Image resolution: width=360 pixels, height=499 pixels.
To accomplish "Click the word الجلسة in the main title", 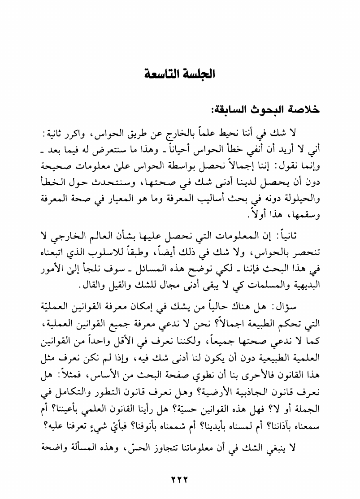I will click(x=198, y=73).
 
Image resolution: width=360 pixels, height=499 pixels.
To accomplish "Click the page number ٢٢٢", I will click(x=179, y=478).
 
